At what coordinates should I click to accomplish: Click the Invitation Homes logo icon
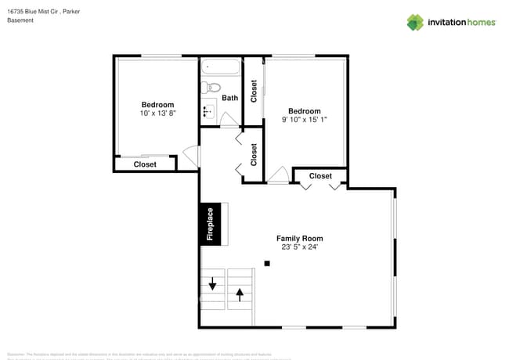[x=414, y=22]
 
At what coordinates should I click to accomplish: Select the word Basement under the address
[x=20, y=20]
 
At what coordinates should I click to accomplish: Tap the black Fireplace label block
[x=210, y=223]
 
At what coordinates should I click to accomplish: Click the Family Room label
[x=299, y=238]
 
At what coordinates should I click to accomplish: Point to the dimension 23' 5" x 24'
[x=299, y=247]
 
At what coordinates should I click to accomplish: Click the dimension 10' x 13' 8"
[x=157, y=113]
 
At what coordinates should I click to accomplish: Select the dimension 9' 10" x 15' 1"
[x=304, y=120]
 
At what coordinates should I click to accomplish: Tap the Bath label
[x=229, y=98]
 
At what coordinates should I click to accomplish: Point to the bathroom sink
[x=208, y=112]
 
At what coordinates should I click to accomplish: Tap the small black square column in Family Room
[x=267, y=264]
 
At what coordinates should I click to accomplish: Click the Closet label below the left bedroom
[x=145, y=164]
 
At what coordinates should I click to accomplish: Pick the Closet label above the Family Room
[x=320, y=176]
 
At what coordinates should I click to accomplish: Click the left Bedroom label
[x=157, y=104]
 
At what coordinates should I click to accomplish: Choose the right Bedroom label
[x=304, y=110]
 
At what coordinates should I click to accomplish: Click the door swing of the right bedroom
[x=278, y=175]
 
